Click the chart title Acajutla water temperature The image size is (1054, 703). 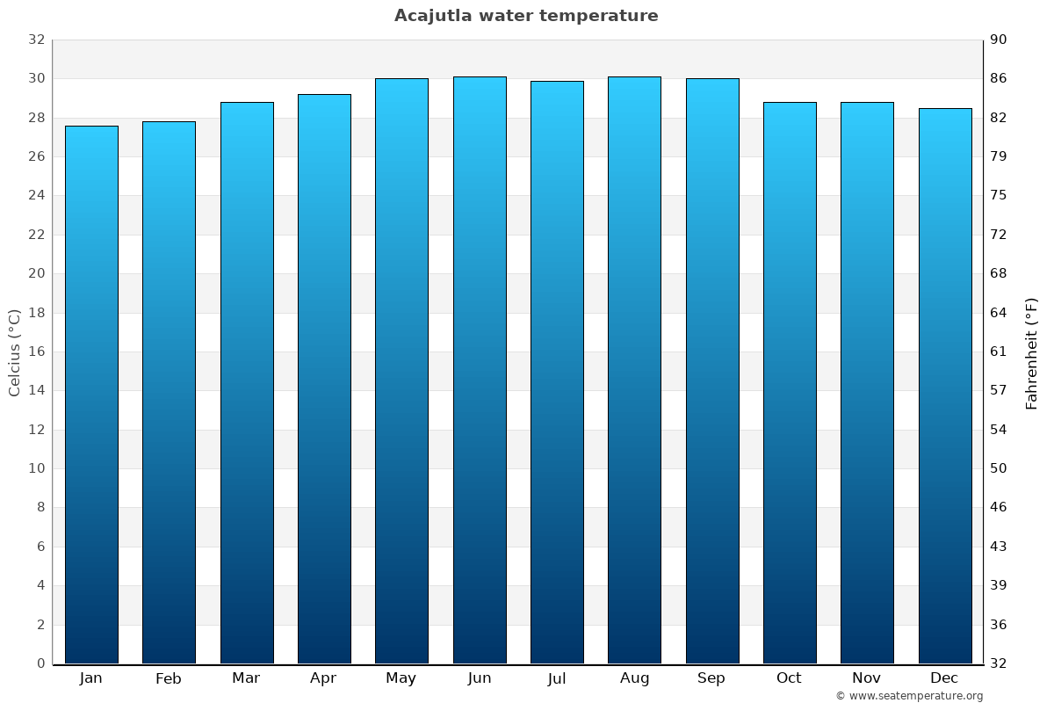pyautogui.click(x=526, y=16)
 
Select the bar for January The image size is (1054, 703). pyautogui.click(x=91, y=395)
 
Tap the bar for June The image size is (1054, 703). pyautogui.click(x=480, y=370)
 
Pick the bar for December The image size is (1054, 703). pyautogui.click(x=945, y=386)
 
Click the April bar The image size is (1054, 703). pyautogui.click(x=324, y=379)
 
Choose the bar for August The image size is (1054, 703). pyautogui.click(x=634, y=370)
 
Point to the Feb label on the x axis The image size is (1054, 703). pyautogui.click(x=168, y=678)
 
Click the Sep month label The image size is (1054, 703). pyautogui.click(x=711, y=678)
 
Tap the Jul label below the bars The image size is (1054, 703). pyautogui.click(x=556, y=678)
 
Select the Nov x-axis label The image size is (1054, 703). pyautogui.click(x=866, y=678)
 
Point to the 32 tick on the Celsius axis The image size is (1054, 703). pyautogui.click(x=36, y=40)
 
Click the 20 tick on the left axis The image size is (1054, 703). pyautogui.click(x=36, y=273)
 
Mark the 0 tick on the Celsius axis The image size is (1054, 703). pyautogui.click(x=40, y=663)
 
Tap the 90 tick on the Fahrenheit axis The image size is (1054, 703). pyautogui.click(x=1000, y=40)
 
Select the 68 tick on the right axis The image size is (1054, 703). pyautogui.click(x=1000, y=273)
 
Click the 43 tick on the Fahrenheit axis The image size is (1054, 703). pyautogui.click(x=1000, y=547)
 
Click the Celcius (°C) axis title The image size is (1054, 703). pyautogui.click(x=14, y=352)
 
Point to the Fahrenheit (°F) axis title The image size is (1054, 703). pyautogui.click(x=1032, y=352)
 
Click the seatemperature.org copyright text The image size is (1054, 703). pyautogui.click(x=909, y=696)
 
